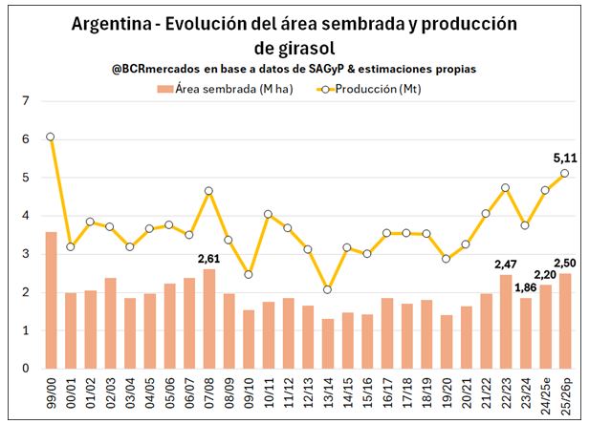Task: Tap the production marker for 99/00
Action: (x=51, y=137)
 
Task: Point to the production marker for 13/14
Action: (x=328, y=289)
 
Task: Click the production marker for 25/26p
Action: (x=565, y=173)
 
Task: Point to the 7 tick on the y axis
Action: (x=27, y=100)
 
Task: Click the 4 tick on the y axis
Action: (x=27, y=216)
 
